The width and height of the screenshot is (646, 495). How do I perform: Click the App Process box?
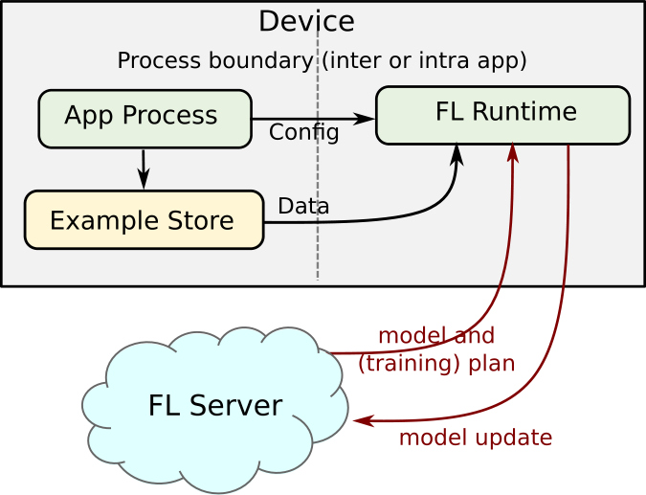point(145,119)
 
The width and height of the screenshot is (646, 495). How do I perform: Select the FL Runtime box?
point(503,116)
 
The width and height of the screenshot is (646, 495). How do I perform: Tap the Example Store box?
point(144,219)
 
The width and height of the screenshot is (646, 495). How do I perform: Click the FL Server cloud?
point(215,409)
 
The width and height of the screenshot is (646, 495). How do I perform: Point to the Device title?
point(306,21)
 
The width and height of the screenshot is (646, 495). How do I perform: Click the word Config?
point(304,133)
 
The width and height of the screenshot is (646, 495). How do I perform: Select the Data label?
point(303,206)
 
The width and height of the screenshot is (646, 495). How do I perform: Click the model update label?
point(476,438)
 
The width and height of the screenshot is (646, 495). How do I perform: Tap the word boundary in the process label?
point(260,60)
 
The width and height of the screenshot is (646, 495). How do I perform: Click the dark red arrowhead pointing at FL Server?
point(364,421)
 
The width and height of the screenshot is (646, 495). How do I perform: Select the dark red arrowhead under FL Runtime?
point(513,152)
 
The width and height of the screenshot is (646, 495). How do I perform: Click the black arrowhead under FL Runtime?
point(457,154)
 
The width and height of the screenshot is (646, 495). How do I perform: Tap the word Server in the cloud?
point(236,405)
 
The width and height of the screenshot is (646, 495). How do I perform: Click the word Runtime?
point(524,111)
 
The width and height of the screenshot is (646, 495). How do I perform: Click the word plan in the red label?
point(492,365)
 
